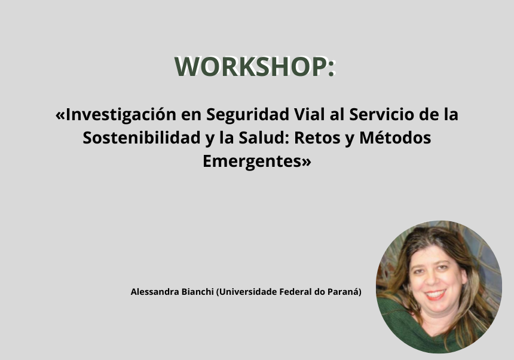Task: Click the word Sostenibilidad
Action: click(141, 138)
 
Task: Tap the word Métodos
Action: click(395, 138)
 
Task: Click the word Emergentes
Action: click(252, 161)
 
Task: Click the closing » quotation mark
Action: click(305, 162)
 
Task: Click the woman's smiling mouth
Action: click(435, 294)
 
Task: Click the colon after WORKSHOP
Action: click(331, 68)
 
